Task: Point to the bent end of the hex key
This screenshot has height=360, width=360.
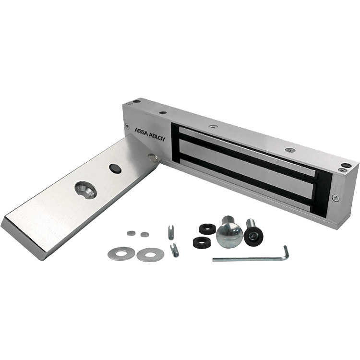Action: point(286,252)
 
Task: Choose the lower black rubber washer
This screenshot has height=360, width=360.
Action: point(202,241)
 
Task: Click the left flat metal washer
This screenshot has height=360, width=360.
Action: point(121,253)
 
